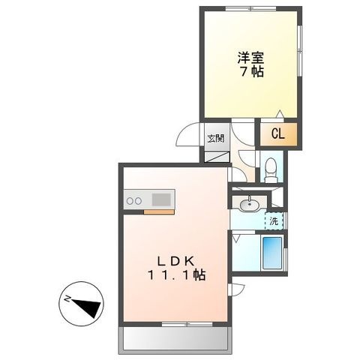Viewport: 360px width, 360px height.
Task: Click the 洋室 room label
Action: pyautogui.click(x=250, y=58)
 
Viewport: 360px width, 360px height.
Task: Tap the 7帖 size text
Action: pyautogui.click(x=252, y=72)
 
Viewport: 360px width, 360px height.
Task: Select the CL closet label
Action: pyautogui.click(x=278, y=134)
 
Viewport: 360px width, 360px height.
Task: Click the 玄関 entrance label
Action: pyautogui.click(x=216, y=138)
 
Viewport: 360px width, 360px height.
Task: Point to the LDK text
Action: pyautogui.click(x=175, y=262)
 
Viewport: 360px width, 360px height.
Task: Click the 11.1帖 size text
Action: pyautogui.click(x=177, y=275)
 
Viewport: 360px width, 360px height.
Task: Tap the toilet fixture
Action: pyautogui.click(x=271, y=169)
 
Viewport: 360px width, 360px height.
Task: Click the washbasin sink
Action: pyautogui.click(x=249, y=204)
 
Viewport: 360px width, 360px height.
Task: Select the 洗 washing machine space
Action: pyautogui.click(x=274, y=221)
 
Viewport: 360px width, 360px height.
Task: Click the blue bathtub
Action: pyautogui.click(x=272, y=253)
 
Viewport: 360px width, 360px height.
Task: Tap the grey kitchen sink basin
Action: pyautogui.click(x=161, y=199)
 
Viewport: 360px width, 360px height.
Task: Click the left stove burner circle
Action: pyautogui.click(x=130, y=200)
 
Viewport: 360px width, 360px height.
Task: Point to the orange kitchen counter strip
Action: pyautogui.click(x=159, y=212)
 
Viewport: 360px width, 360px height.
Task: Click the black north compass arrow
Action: pyautogui.click(x=88, y=307)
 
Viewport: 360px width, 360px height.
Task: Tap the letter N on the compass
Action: pyautogui.click(x=67, y=298)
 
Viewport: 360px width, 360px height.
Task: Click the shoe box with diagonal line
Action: pyautogui.click(x=217, y=157)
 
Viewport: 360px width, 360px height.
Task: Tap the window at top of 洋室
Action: pyautogui.click(x=250, y=8)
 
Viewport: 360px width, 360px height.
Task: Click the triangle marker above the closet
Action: pyautogui.click(x=280, y=114)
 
